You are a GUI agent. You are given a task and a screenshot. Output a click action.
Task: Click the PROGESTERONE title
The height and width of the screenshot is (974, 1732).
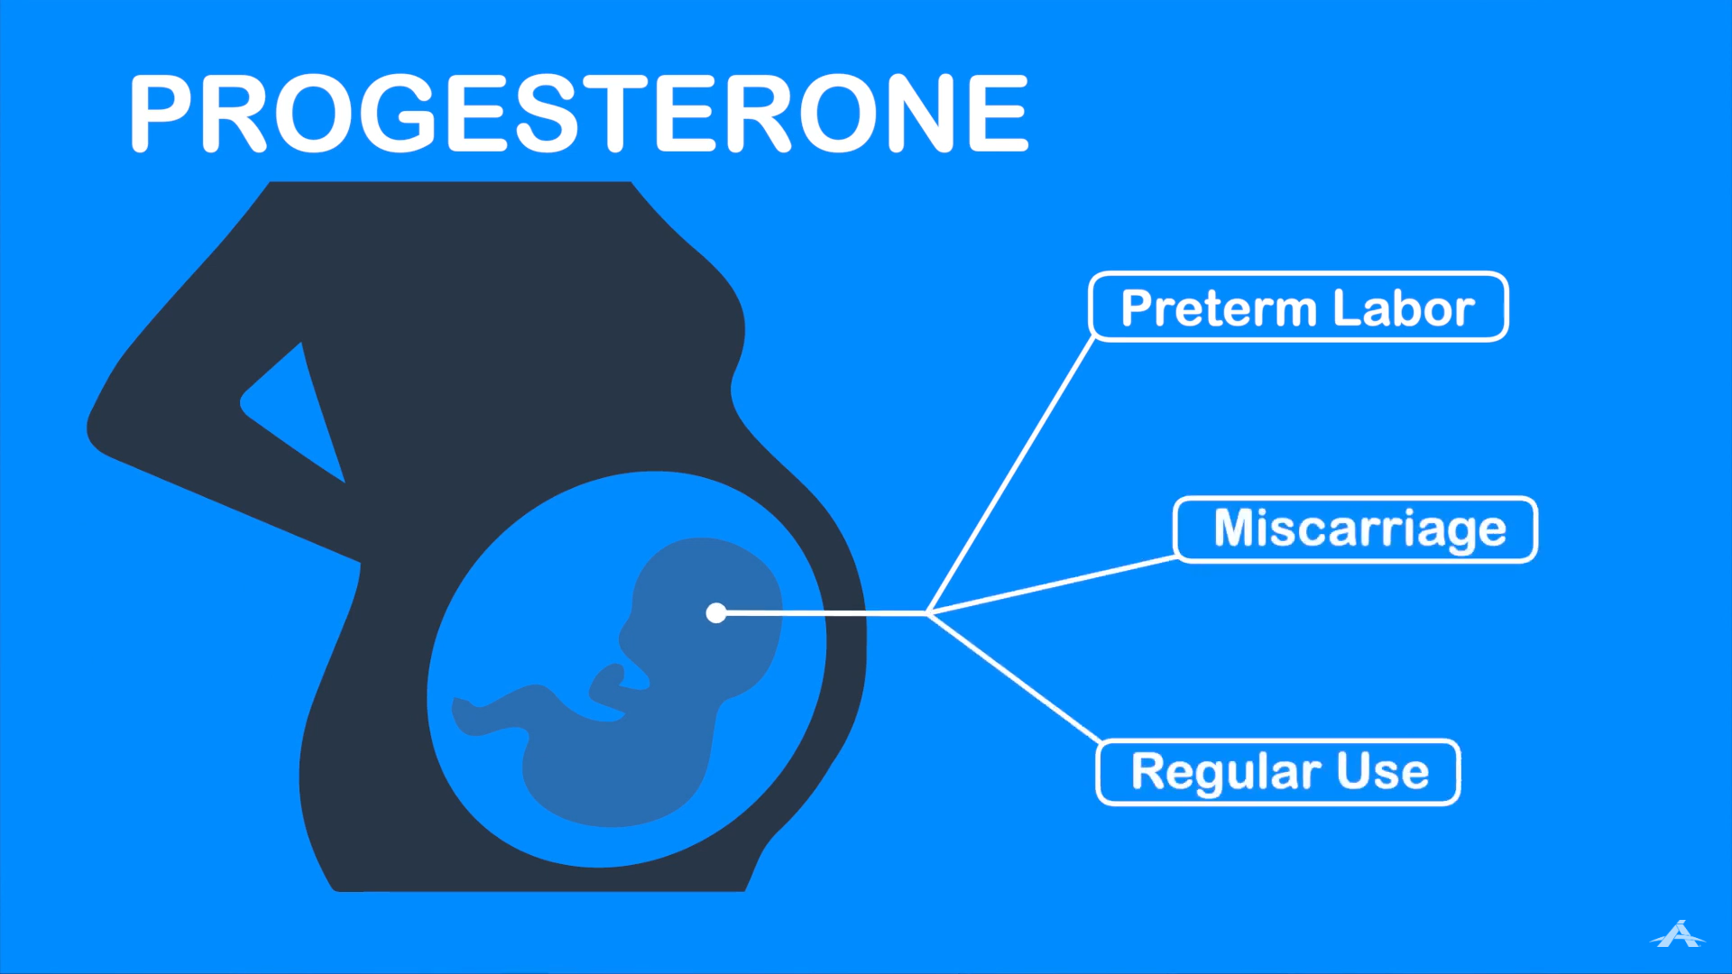click(x=579, y=114)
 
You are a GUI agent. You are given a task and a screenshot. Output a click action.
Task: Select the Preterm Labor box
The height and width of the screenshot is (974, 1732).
click(x=1298, y=307)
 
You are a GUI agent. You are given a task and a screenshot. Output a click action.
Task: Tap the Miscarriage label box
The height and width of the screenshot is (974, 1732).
click(x=1356, y=529)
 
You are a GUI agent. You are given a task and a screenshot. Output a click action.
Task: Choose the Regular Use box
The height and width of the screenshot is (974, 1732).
click(x=1278, y=772)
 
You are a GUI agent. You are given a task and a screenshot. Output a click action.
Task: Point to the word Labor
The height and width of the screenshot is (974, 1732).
click(x=1404, y=308)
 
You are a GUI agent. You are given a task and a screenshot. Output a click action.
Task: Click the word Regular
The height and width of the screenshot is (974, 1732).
click(x=1227, y=773)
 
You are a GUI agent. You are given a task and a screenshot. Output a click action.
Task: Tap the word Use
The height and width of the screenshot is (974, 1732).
click(x=1383, y=772)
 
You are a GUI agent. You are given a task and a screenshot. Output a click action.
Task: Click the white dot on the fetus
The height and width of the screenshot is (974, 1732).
click(x=716, y=613)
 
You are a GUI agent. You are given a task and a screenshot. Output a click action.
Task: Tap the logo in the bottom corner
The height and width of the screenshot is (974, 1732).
click(x=1678, y=934)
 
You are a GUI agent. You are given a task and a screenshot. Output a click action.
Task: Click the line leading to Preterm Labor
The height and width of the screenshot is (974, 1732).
click(x=1010, y=475)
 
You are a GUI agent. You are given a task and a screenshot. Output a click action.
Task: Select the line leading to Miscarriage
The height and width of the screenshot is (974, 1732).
click(x=1052, y=585)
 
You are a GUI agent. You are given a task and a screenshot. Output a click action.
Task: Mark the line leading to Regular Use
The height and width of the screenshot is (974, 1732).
click(x=1015, y=677)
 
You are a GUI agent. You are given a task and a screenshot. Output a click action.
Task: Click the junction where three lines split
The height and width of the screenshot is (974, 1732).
click(x=928, y=613)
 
